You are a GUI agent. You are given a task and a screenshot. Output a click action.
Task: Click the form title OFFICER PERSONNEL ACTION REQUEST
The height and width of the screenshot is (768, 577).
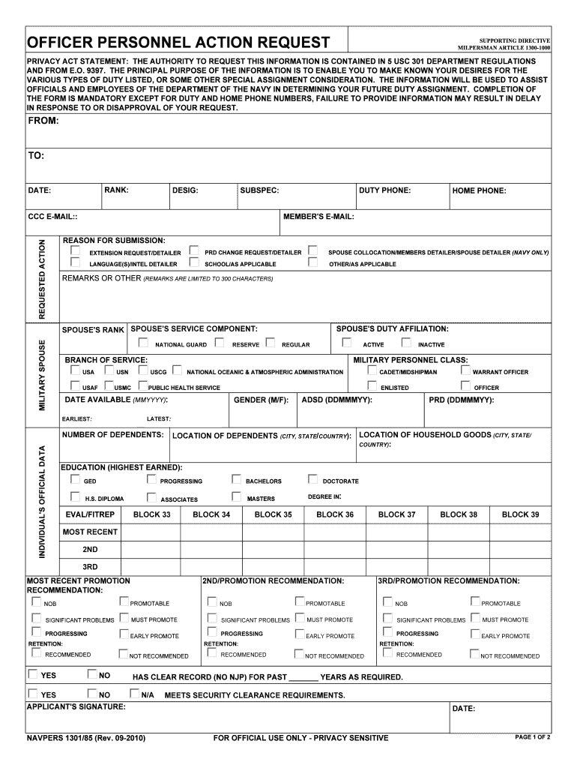coord(178,42)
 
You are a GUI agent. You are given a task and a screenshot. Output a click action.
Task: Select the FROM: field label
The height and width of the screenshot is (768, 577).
coord(43,121)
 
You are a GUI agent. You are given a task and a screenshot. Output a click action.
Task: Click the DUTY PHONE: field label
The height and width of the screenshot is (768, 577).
coord(384,190)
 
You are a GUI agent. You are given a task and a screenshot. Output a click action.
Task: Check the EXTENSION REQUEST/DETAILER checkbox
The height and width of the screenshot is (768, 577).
coord(75,251)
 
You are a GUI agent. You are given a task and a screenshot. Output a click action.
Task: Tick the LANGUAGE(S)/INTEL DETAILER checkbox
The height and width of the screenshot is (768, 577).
coord(75,263)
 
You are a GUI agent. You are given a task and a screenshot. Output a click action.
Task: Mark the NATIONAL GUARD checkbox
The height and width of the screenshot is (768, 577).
coord(143,343)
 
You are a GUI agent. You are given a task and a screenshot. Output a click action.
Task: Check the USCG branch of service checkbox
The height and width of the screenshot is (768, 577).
coord(141,370)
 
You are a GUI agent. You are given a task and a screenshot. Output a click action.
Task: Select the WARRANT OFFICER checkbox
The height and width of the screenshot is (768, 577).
coord(465,370)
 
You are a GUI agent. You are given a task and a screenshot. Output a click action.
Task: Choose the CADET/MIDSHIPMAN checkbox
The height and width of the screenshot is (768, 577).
coord(372,370)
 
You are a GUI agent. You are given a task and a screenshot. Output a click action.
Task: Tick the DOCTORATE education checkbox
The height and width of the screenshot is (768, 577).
coord(313,480)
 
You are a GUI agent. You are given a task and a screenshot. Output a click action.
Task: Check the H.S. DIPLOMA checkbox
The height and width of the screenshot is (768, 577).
coord(75,497)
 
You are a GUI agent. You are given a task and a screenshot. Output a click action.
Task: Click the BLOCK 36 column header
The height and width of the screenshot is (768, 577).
coord(335,514)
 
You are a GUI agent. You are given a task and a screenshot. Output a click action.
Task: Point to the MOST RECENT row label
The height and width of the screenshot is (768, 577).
coord(90,532)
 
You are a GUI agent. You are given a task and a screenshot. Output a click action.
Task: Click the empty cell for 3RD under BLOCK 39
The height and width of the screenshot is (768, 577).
coord(520,566)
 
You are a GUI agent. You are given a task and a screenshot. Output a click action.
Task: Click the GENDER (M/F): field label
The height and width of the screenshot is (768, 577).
coord(261,400)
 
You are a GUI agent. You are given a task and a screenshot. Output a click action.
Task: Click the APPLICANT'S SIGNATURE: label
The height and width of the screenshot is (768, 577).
coord(76,706)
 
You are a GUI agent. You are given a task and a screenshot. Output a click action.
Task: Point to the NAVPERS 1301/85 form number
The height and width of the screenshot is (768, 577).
coord(86,738)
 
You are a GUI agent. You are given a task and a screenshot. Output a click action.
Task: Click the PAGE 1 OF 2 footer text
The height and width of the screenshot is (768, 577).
coord(533,737)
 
